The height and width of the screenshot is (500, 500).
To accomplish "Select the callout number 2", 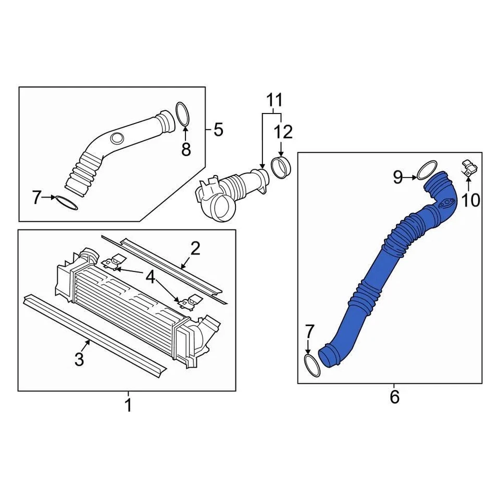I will pos(195,248).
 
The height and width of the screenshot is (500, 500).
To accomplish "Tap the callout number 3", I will pos(79,359).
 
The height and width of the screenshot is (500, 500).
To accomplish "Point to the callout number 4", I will pos(150,278).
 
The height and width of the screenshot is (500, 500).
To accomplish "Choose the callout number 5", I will pos(218,129).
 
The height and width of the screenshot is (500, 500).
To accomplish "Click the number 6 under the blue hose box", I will pos(394,397).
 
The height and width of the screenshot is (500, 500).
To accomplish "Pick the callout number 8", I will pos(186,149).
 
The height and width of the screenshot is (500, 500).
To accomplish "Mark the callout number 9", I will pos(398,178).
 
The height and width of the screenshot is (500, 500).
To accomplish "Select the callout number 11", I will pos(274,99).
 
